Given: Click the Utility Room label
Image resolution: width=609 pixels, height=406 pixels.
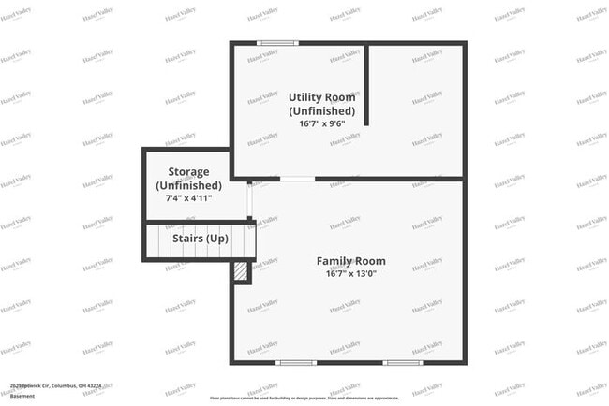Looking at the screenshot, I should click(320, 97).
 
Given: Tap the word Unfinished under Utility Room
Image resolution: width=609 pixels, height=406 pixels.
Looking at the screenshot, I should click(321, 110).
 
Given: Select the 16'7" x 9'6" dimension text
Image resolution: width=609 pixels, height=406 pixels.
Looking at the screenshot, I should click(321, 123).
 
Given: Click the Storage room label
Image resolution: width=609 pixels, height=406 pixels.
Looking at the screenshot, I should click(195, 172).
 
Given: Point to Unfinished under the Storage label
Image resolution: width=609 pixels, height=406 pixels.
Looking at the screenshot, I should click(195, 185).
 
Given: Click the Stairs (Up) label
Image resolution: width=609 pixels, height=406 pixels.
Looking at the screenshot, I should click(201, 238).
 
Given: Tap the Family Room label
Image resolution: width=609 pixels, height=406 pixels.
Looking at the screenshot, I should click(350, 261).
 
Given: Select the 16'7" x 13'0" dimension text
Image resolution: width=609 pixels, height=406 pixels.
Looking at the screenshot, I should click(350, 273).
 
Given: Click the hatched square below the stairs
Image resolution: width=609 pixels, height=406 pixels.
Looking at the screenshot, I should click(241, 271).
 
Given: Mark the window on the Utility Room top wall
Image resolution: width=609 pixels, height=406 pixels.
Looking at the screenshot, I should click(277, 42).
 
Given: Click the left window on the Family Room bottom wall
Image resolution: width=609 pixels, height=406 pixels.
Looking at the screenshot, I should click(296, 362).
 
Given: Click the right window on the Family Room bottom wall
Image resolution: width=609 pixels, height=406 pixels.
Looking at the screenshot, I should click(403, 362).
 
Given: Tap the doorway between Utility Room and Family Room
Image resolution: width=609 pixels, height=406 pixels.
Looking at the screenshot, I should click(298, 178).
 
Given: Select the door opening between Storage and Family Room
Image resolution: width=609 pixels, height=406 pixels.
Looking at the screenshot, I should click(250, 199).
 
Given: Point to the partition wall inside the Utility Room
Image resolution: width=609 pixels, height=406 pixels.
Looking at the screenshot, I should click(366, 84).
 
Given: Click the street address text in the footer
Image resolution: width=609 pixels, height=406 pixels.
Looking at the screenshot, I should click(56, 384).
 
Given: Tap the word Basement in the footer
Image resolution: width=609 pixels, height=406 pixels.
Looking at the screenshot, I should click(22, 396).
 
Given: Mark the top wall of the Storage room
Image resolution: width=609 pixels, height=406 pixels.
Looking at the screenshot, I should click(186, 150).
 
